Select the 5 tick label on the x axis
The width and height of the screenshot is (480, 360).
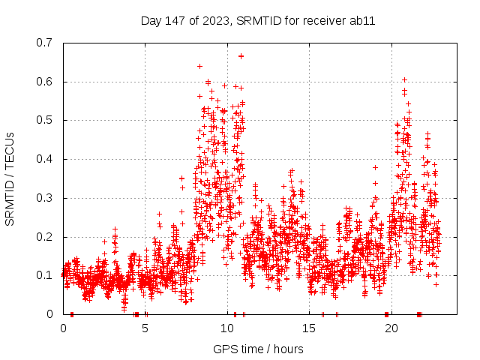[145, 328]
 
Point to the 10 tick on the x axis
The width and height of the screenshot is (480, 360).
[227, 328]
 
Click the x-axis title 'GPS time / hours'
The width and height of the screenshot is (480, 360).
[258, 349]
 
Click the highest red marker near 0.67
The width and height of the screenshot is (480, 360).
[241, 55]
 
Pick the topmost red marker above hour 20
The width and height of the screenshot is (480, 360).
[404, 79]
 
